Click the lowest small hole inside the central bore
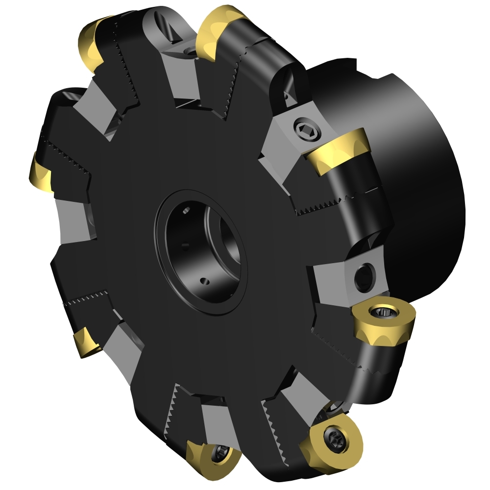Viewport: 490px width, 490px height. [205, 281]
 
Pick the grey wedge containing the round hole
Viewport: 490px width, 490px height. [343, 277]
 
